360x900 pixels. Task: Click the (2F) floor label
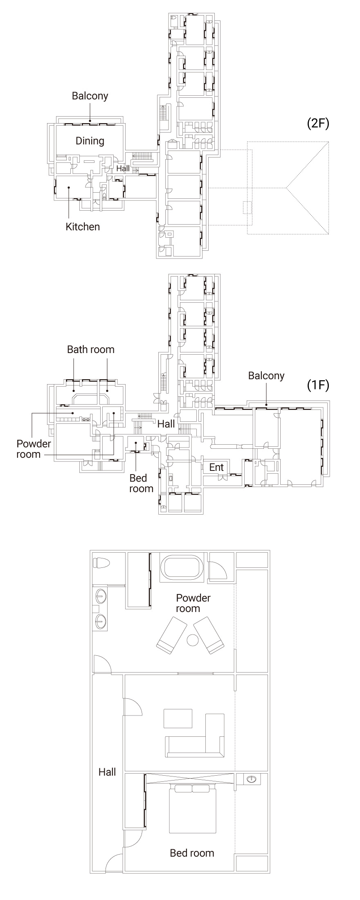(318, 124)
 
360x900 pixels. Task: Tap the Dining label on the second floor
(90, 141)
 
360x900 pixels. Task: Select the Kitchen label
(83, 227)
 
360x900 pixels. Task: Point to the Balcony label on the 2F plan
(90, 96)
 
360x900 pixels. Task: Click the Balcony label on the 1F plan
(266, 376)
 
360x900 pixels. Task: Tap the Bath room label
(91, 349)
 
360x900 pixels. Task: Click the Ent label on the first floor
(216, 467)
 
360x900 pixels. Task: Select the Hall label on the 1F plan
(166, 424)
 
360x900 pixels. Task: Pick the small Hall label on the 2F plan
(123, 168)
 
